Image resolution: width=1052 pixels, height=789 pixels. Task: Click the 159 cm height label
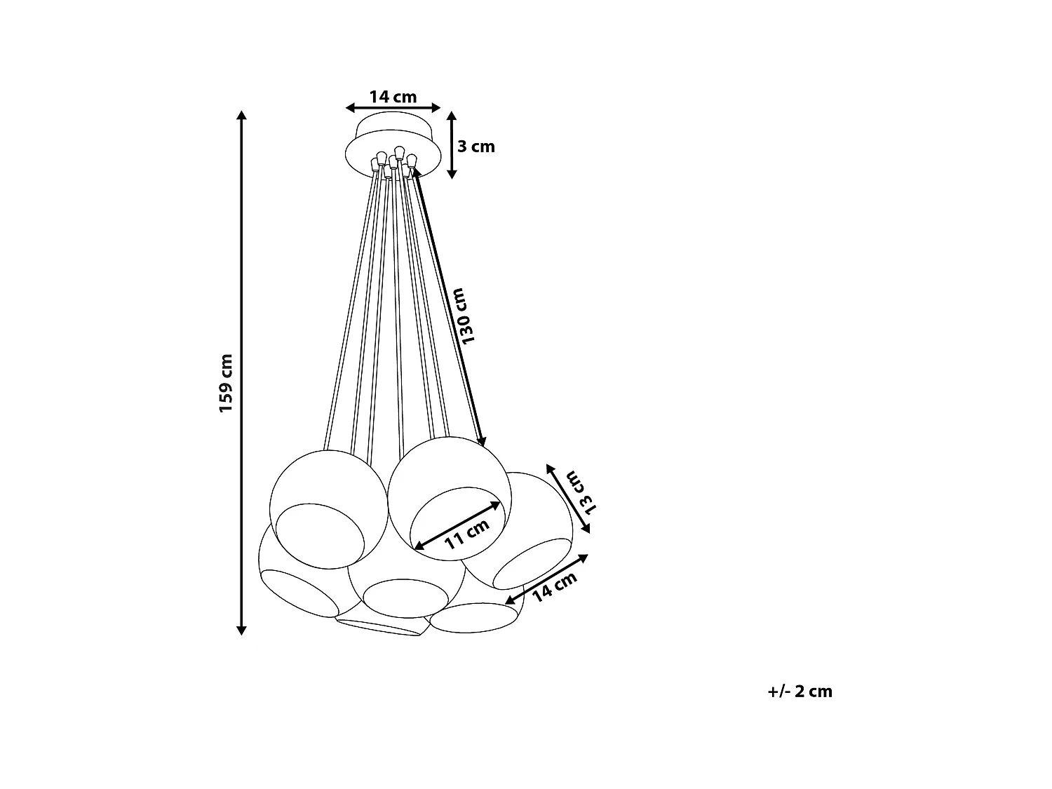click(226, 383)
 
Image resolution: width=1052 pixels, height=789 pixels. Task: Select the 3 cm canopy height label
click(476, 147)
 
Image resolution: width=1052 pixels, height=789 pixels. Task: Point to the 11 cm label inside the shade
click(466, 537)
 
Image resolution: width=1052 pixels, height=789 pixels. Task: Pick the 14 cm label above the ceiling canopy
click(393, 97)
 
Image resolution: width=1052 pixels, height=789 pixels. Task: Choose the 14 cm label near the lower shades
click(554, 586)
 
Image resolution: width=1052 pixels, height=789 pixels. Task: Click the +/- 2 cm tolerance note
click(800, 692)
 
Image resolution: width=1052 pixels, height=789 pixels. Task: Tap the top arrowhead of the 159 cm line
click(242, 116)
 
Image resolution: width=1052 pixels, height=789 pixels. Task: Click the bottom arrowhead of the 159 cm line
click(242, 629)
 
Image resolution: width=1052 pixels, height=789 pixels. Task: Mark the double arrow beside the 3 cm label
click(452, 144)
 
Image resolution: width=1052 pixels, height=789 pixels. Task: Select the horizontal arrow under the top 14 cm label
click(393, 108)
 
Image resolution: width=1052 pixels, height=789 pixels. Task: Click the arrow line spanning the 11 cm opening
click(458, 525)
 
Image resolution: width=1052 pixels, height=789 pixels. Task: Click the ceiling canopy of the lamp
click(393, 144)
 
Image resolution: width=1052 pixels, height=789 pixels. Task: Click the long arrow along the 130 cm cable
click(449, 309)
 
